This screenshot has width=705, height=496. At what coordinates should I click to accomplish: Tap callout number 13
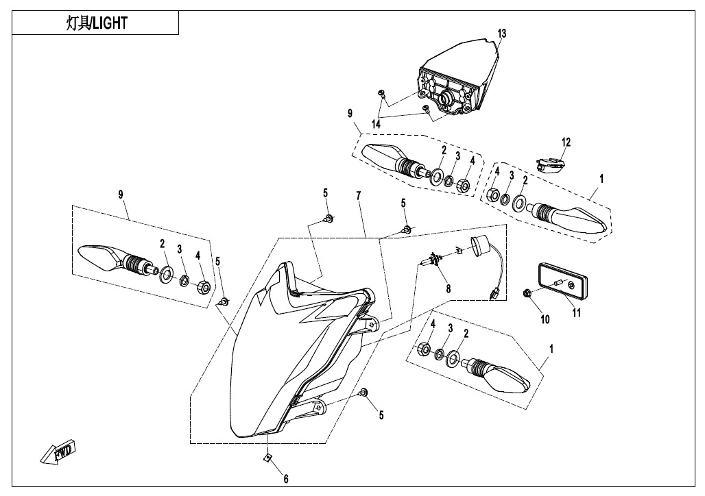[x=502, y=34]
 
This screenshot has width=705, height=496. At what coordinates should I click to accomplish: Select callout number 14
[x=377, y=124]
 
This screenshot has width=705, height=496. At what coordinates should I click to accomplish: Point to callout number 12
[x=566, y=142]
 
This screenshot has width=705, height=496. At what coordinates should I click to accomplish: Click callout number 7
[x=357, y=197]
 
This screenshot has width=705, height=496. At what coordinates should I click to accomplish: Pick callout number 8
[x=449, y=289]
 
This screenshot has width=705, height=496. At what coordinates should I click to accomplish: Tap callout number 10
[x=545, y=319]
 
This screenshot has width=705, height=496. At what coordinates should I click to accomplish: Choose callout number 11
[x=577, y=313]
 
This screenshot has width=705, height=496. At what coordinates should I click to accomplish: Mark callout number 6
[x=285, y=480]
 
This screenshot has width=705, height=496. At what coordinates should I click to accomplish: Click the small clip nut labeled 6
[x=269, y=458]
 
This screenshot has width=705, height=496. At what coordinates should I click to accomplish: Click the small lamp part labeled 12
[x=550, y=165]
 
